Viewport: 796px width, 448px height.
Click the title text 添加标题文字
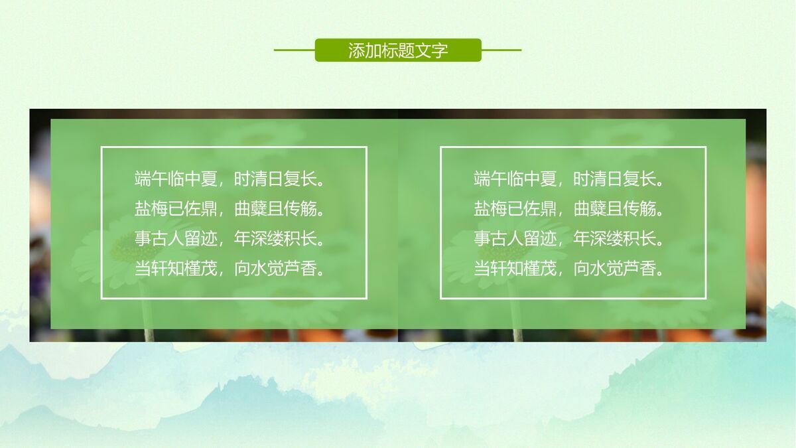[398, 50]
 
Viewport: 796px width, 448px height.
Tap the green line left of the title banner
[294, 50]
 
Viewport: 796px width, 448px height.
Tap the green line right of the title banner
[501, 50]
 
